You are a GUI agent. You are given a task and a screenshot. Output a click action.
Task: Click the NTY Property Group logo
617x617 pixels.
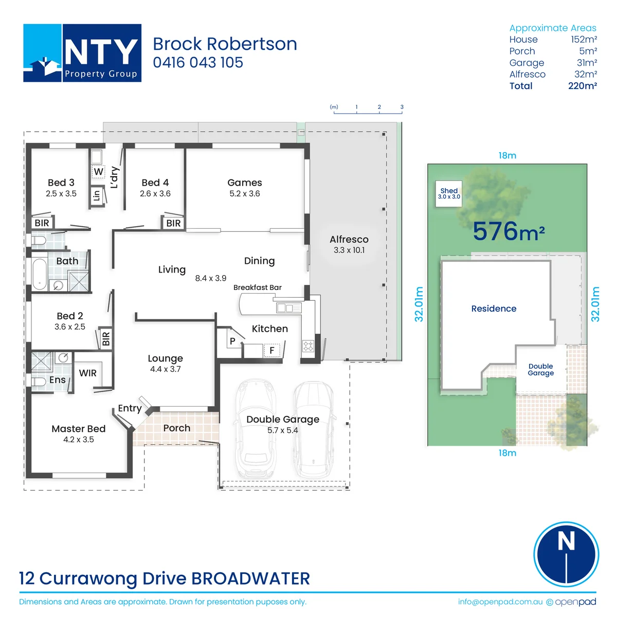(x=82, y=53)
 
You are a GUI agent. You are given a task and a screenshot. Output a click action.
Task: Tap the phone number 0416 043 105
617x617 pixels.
(x=198, y=62)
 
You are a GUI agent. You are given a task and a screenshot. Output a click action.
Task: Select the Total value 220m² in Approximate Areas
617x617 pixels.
(x=583, y=86)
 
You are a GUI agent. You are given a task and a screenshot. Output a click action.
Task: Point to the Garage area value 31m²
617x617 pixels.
(x=587, y=62)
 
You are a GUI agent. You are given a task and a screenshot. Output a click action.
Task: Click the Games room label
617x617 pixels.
(x=245, y=183)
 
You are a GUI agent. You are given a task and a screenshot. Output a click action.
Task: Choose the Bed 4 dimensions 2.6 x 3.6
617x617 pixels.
(x=155, y=193)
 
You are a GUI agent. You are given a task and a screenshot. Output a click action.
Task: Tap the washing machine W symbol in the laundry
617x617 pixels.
(x=98, y=172)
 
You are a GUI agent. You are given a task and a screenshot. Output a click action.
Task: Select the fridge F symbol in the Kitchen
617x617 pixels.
(x=272, y=350)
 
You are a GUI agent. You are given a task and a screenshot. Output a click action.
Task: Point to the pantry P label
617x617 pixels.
(x=233, y=341)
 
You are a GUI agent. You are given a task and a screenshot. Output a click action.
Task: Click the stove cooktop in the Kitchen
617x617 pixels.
(x=308, y=346)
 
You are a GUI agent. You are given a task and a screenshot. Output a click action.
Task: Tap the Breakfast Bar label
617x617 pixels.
(x=258, y=287)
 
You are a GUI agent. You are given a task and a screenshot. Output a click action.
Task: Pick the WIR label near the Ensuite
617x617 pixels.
(x=88, y=373)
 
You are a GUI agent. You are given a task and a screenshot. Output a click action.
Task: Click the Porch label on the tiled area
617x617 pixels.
(x=177, y=428)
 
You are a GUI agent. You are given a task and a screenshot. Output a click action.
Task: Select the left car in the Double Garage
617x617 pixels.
(x=256, y=429)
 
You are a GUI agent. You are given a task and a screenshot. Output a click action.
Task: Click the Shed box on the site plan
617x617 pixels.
(x=448, y=194)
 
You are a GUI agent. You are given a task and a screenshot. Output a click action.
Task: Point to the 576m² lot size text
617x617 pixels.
(x=509, y=231)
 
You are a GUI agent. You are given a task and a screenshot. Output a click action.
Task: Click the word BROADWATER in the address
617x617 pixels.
(x=251, y=578)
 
